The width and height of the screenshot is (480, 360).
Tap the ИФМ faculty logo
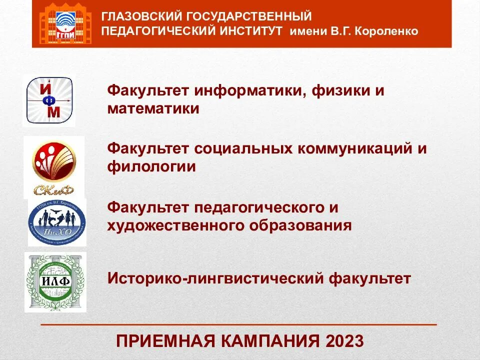49,100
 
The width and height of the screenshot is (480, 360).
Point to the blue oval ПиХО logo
56,222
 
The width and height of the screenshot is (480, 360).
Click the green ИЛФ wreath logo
55,281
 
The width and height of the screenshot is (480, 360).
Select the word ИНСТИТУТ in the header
253,31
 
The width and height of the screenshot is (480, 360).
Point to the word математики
153,108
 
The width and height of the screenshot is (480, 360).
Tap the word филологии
151,166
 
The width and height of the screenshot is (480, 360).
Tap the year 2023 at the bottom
344,341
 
